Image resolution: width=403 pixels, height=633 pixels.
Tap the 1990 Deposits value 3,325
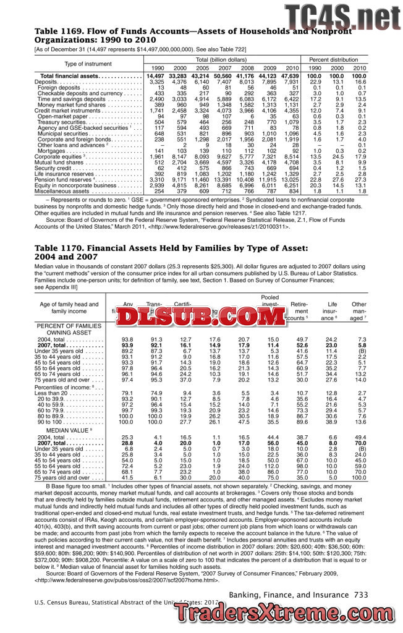tap(156, 82)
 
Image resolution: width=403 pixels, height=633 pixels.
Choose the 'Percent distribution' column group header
tap(337, 59)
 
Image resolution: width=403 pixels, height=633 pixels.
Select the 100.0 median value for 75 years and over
tap(358, 478)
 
